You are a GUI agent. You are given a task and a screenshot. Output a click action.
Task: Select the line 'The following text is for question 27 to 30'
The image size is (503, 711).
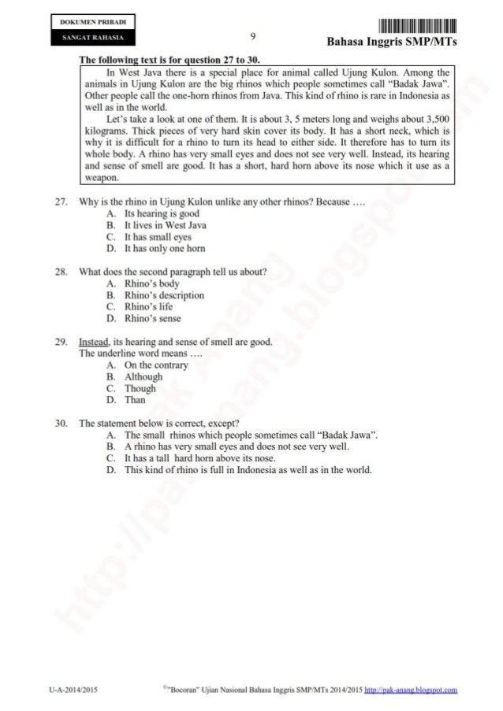(x=169, y=60)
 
